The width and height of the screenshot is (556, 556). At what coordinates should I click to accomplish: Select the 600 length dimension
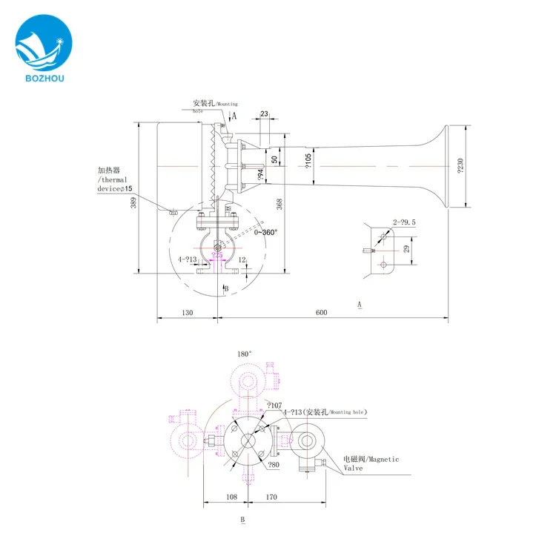point(321,313)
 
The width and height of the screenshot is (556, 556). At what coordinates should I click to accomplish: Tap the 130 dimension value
point(186,313)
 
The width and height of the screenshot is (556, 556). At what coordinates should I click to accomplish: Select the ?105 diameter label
point(309,159)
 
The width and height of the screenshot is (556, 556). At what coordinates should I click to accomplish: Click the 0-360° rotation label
point(265,232)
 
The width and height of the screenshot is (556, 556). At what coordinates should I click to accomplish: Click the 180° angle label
point(244,354)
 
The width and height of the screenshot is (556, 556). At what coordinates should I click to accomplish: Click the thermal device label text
point(112,179)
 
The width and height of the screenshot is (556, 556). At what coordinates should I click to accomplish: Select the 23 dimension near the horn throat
point(265,114)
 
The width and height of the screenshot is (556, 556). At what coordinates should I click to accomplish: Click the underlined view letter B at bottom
point(242,520)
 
